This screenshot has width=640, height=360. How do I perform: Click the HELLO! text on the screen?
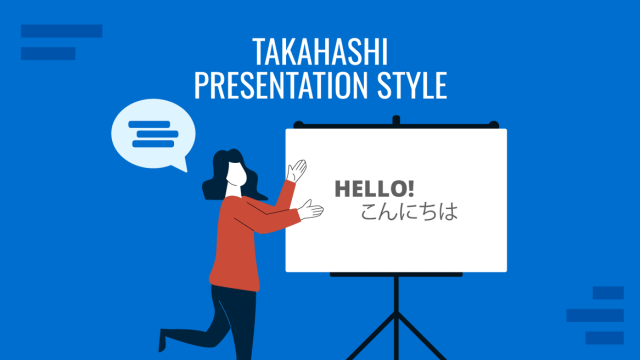pyautogui.click(x=374, y=188)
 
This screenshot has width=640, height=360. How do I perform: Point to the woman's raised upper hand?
pyautogui.click(x=296, y=170)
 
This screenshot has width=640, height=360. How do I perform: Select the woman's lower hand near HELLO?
pyautogui.click(x=313, y=209)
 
